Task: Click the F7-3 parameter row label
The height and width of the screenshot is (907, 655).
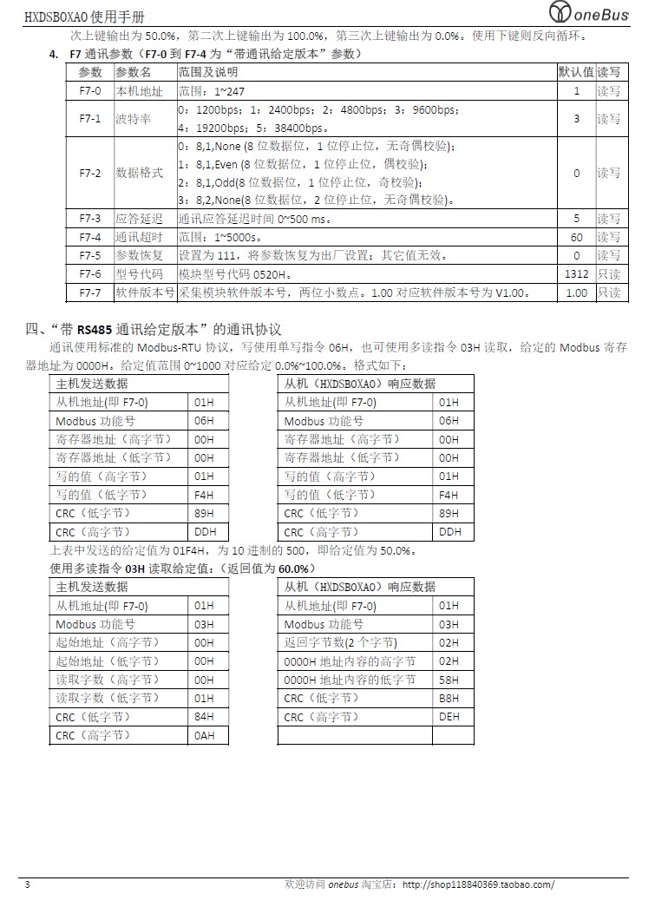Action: pos(90,219)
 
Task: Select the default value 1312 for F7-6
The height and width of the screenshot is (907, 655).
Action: pos(576,274)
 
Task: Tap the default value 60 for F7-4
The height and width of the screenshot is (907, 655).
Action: pos(576,237)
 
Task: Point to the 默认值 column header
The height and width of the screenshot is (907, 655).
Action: pos(576,71)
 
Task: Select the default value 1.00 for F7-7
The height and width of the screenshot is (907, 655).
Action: pos(576,292)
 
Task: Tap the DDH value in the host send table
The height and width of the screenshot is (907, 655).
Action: pos(206,532)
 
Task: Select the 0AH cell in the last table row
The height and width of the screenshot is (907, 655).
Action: pos(205,736)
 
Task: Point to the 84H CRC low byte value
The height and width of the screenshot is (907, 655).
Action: pos(205,717)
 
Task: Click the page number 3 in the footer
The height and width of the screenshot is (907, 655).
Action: pos(27,884)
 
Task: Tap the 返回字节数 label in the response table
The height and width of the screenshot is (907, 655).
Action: pos(341,642)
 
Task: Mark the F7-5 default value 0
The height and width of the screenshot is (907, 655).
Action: pos(576,255)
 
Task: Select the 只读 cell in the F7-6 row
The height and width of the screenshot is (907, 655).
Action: pos(609,274)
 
